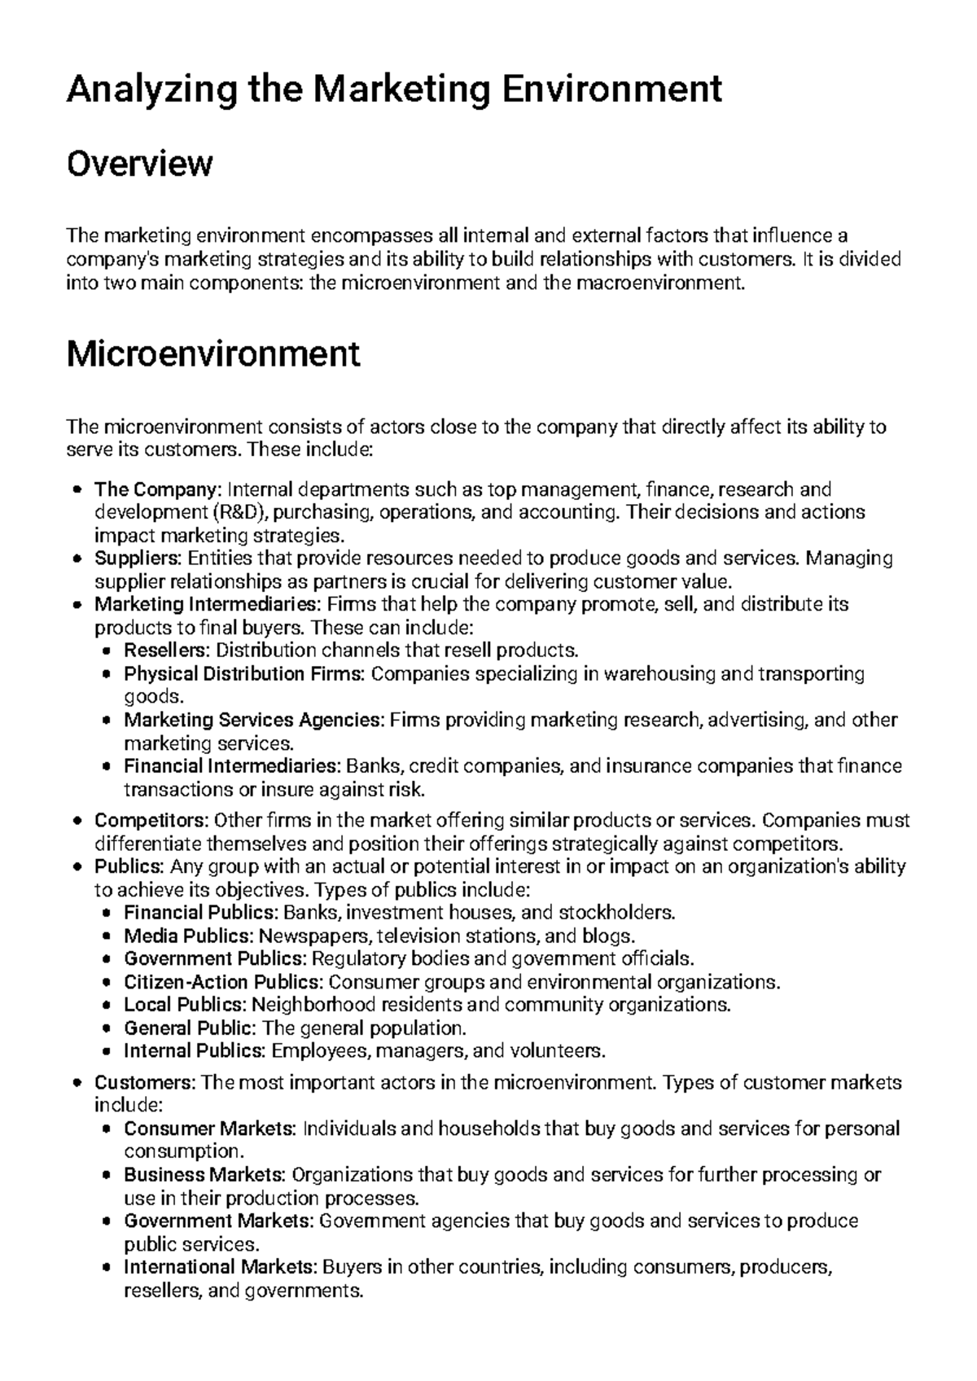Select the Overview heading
(x=139, y=164)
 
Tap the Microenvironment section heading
(x=212, y=353)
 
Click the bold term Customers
(x=145, y=1083)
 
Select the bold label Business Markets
(x=204, y=1175)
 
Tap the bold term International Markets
(x=221, y=1267)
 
